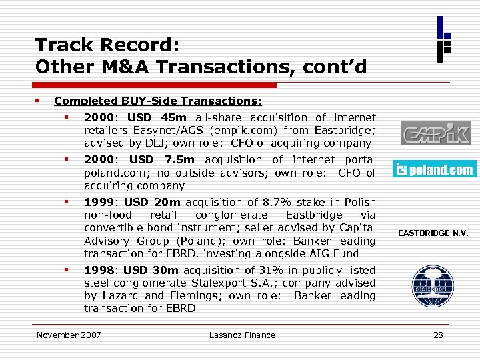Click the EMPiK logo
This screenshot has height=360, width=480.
435,133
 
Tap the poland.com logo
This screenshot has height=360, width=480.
434,169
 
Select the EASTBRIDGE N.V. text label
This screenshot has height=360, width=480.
433,233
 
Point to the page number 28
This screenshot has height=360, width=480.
438,335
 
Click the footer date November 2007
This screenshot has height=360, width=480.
69,335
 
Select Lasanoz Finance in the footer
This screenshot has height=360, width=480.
241,335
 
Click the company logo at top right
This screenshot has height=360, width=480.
444,39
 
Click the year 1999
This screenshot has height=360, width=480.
99,203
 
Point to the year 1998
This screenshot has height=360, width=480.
99,271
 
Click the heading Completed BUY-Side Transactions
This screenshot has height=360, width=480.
158,102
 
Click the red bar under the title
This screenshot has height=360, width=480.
156,85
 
